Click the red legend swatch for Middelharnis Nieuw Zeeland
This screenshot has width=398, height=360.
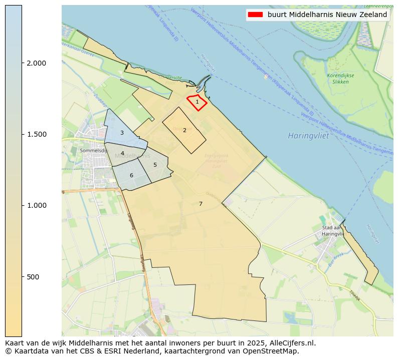coord(255,15)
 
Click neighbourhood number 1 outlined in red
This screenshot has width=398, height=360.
coord(197,102)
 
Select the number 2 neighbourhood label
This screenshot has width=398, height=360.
coord(184,130)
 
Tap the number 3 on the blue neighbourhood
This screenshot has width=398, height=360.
coord(122,133)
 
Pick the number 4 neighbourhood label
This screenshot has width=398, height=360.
coord(122,153)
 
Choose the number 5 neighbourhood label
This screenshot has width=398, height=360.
coord(155,165)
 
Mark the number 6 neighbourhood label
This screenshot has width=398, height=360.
coord(131,175)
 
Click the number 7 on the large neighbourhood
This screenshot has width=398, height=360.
coord(201,204)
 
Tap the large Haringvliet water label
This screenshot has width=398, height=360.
coord(308,136)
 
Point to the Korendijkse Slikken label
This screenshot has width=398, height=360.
coord(340,78)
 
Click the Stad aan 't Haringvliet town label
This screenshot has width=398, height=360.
coord(332,231)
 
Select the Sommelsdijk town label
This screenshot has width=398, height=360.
coord(93,150)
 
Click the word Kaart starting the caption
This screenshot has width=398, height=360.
coord(15,343)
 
